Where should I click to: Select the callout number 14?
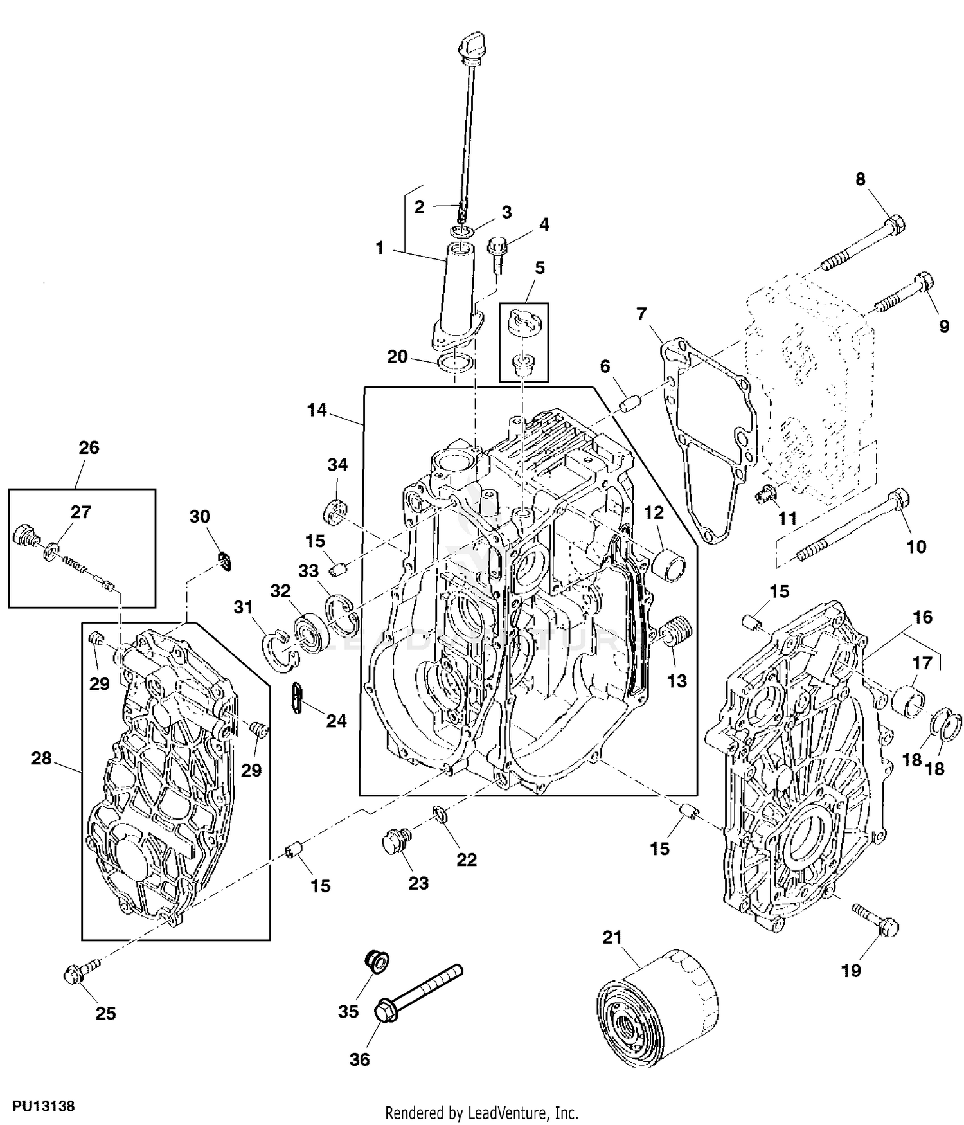coord(317,410)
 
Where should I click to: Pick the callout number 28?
coord(41,759)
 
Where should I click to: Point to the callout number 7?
coord(641,314)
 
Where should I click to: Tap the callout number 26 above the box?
coord(89,447)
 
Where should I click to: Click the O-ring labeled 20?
coord(455,364)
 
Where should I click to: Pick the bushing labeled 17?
coord(910,699)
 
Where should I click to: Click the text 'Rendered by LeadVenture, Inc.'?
coord(481,1112)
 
